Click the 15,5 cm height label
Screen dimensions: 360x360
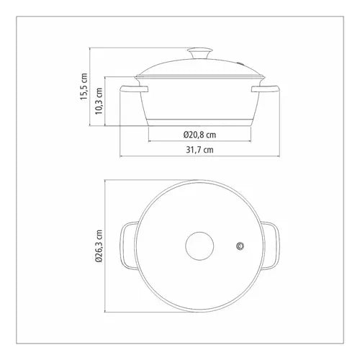click(x=84, y=86)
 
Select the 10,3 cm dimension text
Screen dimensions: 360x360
click(x=99, y=101)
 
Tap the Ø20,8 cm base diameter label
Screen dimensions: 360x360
click(x=199, y=135)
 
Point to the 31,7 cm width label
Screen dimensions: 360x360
click(x=199, y=150)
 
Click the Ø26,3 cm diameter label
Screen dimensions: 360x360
click(x=99, y=246)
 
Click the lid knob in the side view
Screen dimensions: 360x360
click(x=200, y=53)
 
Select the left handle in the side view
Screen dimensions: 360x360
click(x=134, y=89)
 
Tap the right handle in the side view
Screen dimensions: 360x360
click(x=266, y=89)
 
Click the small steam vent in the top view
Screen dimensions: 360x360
click(x=240, y=246)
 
